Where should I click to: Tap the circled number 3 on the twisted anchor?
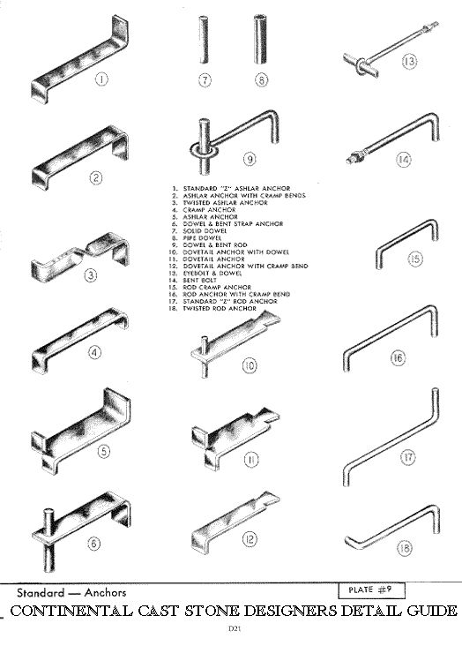click(x=93, y=274)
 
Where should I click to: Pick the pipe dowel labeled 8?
click(x=262, y=49)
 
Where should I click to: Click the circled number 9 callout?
click(x=250, y=159)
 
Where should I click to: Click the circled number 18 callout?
click(x=405, y=548)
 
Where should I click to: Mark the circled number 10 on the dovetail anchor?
click(x=250, y=363)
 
